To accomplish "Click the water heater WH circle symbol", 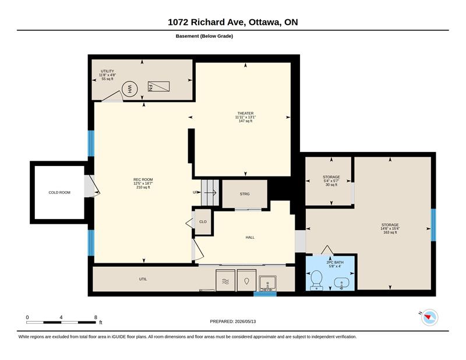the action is tap(129, 89).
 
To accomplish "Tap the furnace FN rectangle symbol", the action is tap(158, 86).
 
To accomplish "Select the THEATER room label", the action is tap(245, 113).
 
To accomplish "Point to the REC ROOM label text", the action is tap(143, 179).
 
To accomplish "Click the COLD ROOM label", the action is tap(59, 193).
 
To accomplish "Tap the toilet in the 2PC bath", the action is tap(316, 280).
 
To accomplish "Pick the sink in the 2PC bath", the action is tap(341, 283).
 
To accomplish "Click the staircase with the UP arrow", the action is tap(210, 193).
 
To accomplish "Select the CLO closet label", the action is tap(203, 222).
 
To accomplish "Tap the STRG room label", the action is tap(245, 194).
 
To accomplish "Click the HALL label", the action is tap(250, 238).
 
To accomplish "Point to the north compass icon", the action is tap(430, 317).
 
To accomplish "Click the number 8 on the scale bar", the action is tap(96, 317).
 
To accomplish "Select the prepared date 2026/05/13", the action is tap(245, 322).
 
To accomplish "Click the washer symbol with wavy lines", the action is tap(225, 280).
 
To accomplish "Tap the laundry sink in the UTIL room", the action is tap(267, 283).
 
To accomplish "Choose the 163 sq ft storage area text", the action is tap(390, 232).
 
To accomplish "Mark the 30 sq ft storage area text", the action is tap(331, 185).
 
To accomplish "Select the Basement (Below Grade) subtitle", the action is tap(204, 36).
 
